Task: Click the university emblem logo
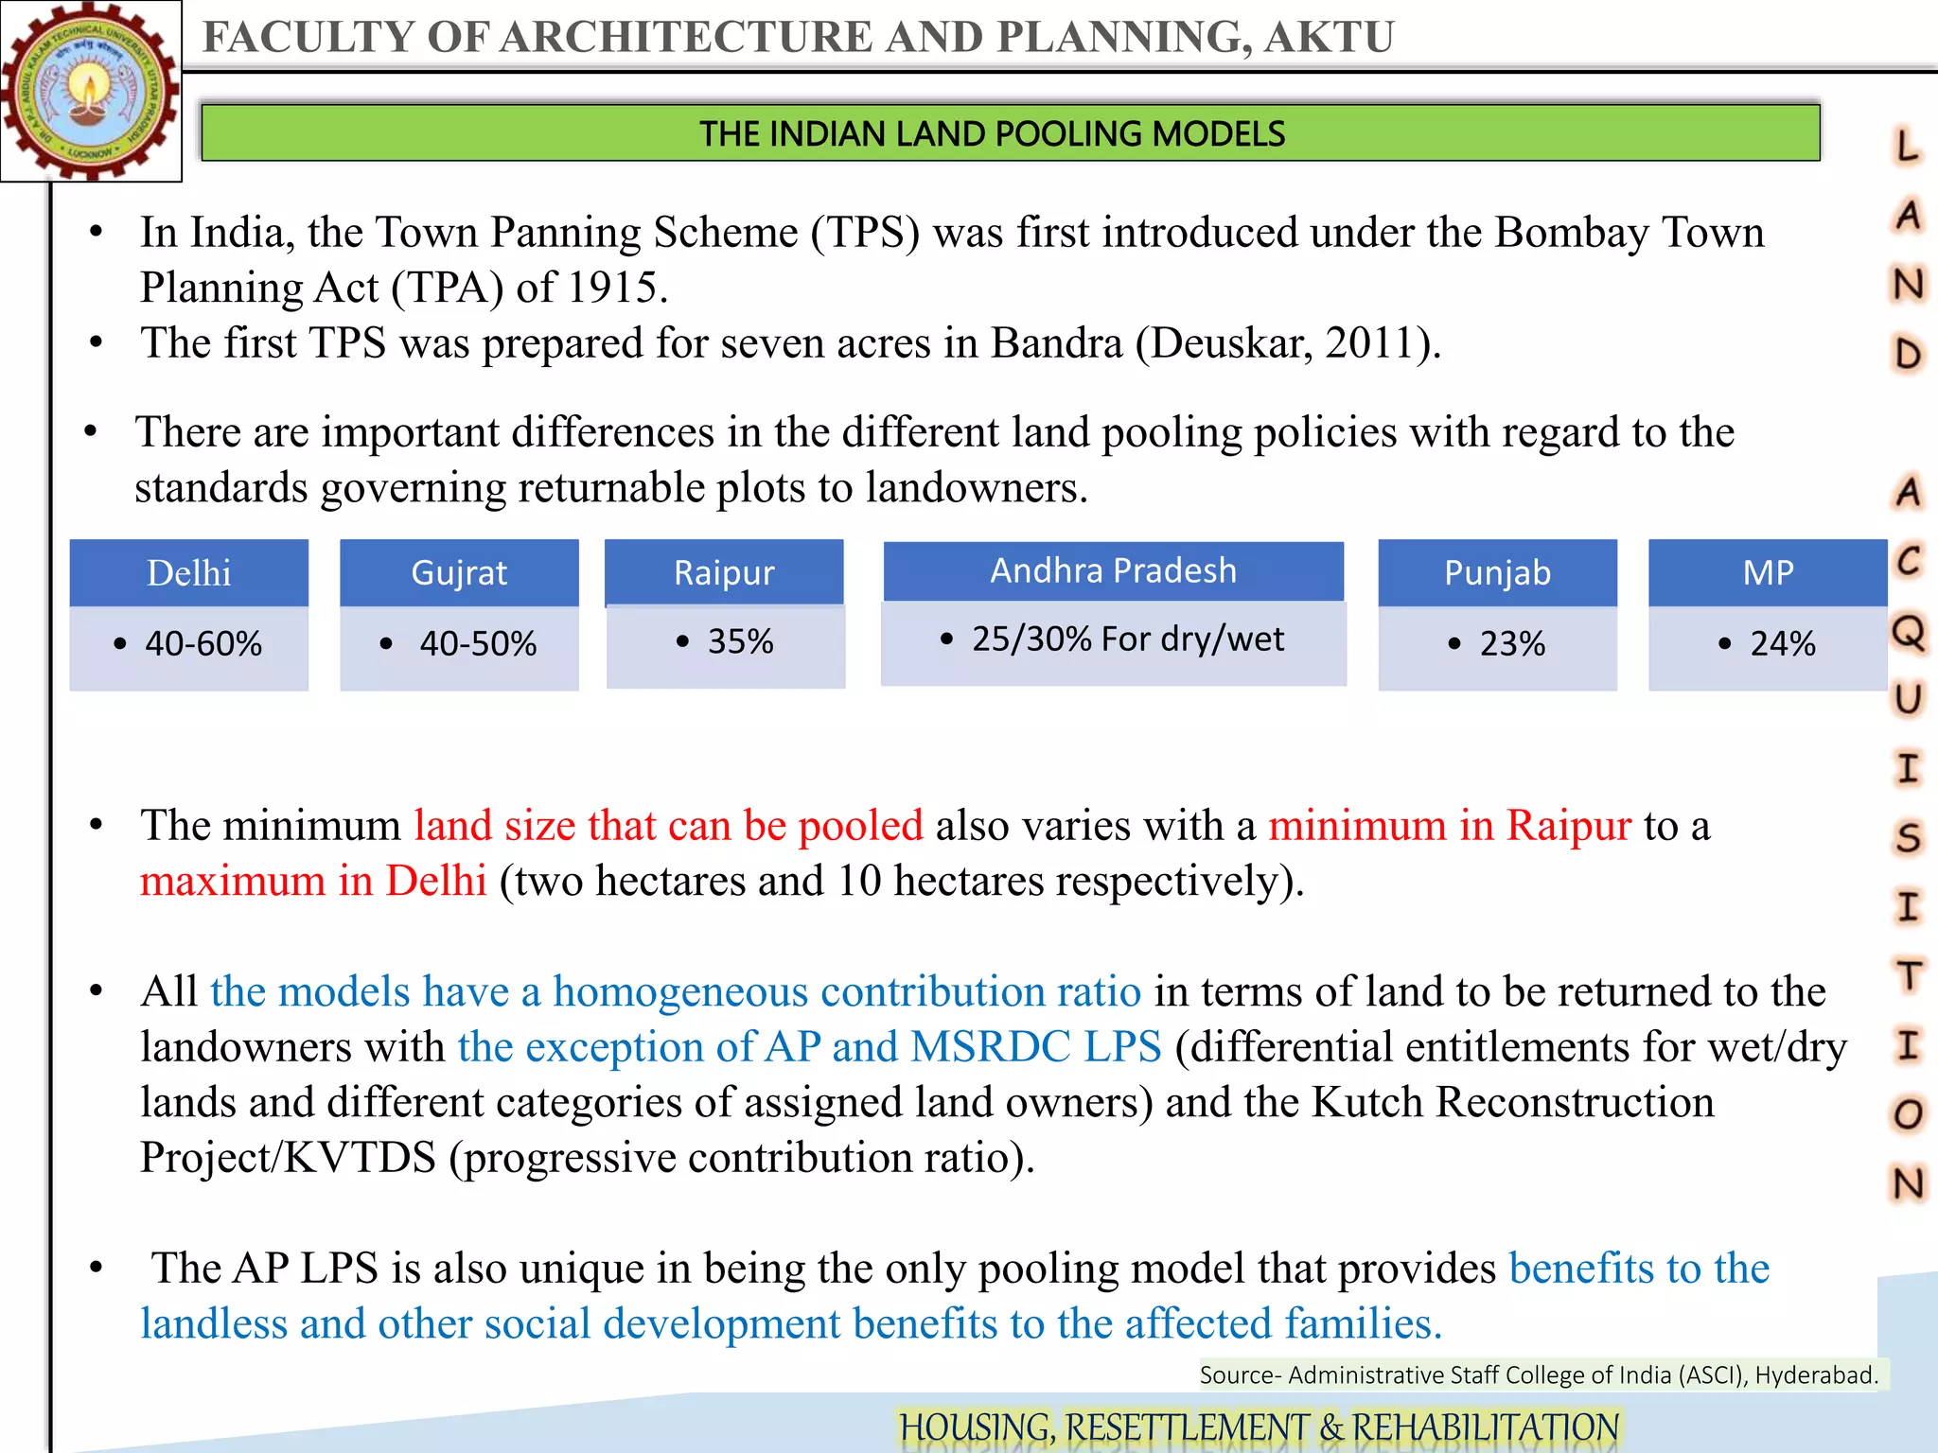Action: (91, 91)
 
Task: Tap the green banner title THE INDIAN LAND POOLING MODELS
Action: (991, 133)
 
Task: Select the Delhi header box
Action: (189, 573)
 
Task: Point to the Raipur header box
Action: (724, 573)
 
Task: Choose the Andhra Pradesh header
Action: (1113, 571)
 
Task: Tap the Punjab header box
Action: (1497, 573)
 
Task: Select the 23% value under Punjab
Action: (1511, 644)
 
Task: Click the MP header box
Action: (1768, 573)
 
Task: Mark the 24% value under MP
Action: (1782, 644)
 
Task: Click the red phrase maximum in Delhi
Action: (313, 881)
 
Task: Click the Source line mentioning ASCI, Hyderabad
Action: (1539, 1374)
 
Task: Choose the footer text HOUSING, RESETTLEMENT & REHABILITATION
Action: (1259, 1427)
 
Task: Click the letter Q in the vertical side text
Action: (1908, 630)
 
